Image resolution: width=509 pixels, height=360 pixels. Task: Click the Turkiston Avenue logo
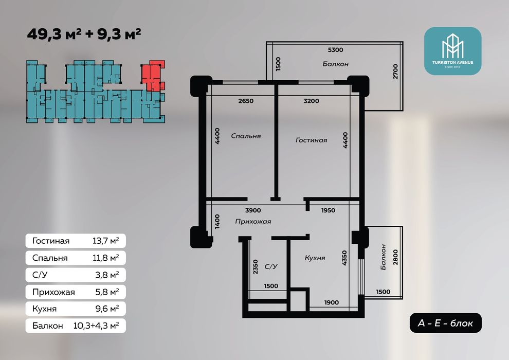tap(452, 51)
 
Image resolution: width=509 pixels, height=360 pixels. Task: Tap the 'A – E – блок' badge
tap(445, 323)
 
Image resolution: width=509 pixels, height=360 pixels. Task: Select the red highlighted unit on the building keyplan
tap(152, 75)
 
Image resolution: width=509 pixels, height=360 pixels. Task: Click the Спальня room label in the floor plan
tap(246, 136)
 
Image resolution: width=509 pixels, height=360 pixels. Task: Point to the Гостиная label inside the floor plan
tap(311, 140)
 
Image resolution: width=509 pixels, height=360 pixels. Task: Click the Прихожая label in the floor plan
tap(253, 222)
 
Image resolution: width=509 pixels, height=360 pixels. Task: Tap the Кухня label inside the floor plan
tap(315, 258)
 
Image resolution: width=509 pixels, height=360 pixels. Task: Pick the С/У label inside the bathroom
tap(271, 266)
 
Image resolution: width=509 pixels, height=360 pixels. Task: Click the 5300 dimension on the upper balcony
tap(335, 50)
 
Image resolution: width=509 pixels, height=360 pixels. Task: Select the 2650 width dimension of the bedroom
tap(246, 101)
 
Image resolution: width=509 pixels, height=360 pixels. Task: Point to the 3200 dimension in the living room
tap(311, 101)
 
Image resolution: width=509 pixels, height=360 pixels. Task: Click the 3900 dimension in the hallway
tap(253, 210)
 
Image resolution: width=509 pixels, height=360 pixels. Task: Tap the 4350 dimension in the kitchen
tap(344, 258)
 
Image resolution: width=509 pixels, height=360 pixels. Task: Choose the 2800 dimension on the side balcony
tap(395, 257)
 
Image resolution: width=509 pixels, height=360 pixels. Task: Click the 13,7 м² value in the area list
tap(105, 241)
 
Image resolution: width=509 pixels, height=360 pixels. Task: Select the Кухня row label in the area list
tap(44, 309)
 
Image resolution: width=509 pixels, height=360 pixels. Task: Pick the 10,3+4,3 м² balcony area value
tap(96, 326)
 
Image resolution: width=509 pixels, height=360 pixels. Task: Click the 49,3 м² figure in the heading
tap(54, 34)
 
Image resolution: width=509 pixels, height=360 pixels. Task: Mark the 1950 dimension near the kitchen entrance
tap(328, 210)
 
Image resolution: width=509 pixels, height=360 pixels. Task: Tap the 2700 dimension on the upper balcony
tap(395, 71)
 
